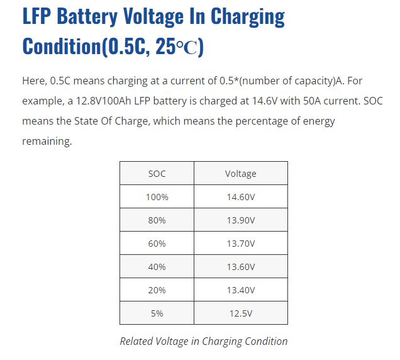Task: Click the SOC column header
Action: pos(157,173)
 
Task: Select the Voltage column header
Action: pos(240,173)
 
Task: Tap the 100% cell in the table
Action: pos(157,196)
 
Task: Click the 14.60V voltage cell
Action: pos(240,196)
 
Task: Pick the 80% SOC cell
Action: pos(157,220)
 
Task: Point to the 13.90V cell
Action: pos(240,220)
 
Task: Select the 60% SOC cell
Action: pos(157,243)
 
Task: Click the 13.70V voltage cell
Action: pos(240,243)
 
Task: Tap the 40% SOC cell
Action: pos(157,266)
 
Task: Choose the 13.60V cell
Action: pos(240,266)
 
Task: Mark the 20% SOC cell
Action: pos(157,290)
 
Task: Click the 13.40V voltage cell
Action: pos(240,290)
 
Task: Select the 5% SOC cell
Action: pos(157,313)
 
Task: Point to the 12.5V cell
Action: pos(240,313)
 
